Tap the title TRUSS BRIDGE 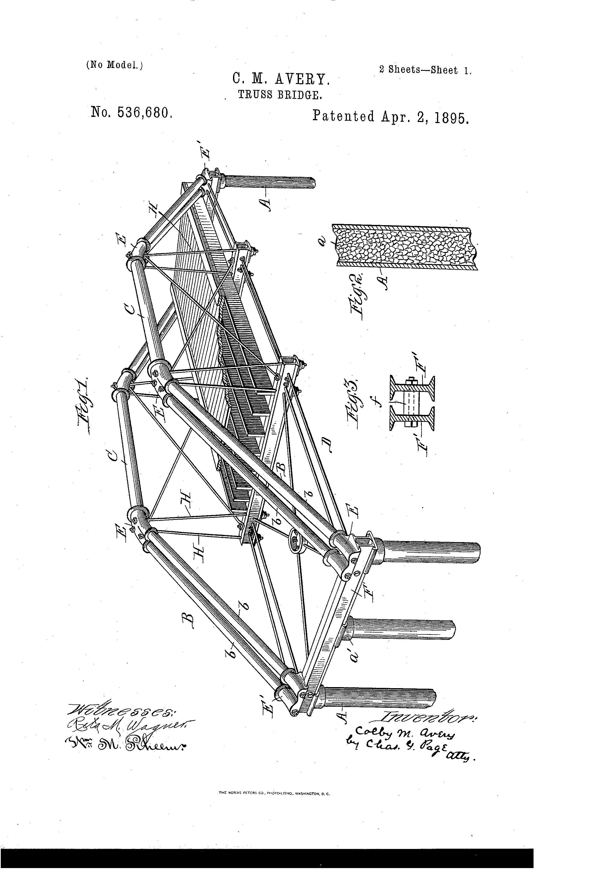[x=280, y=95]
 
